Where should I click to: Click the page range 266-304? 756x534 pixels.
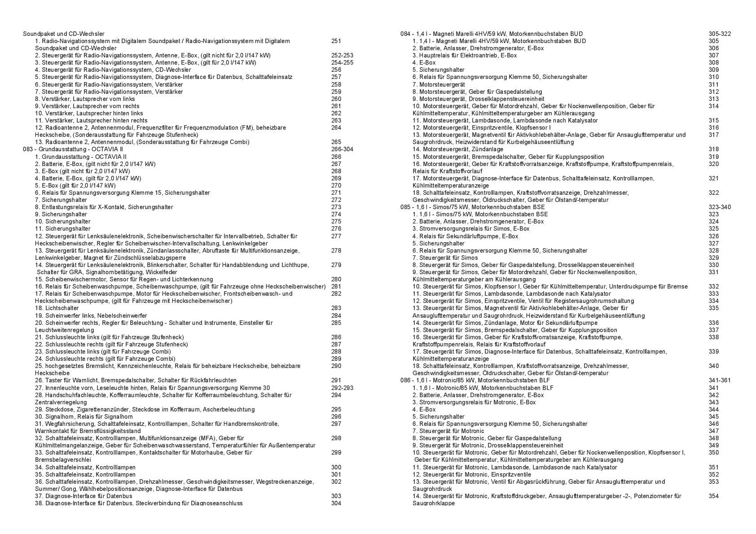pos(342,149)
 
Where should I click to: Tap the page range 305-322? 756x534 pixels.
pos(720,34)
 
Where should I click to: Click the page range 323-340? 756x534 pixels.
pos(720,207)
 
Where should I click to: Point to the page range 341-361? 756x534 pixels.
pos(720,381)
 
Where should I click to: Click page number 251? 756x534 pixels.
pos(336,41)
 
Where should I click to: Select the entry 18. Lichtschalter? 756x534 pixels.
pos(57,308)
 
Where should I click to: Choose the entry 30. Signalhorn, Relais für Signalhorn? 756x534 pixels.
pos(84,417)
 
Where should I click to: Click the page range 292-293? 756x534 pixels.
pos(342,388)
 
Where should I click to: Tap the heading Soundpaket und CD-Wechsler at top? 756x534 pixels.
pos(64,34)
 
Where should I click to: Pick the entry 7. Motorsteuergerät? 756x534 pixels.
pos(439,84)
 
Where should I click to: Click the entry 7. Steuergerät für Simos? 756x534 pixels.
pos(445,258)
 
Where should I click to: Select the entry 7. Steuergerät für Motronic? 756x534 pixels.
pos(448,431)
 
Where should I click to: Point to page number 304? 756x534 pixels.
pos(336,503)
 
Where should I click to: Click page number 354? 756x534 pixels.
pos(714,496)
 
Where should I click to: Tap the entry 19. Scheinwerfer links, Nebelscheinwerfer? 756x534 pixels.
pos(91,315)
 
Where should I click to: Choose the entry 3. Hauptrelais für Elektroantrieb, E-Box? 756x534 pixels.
pos(465,55)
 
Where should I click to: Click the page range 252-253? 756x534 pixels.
pos(342,55)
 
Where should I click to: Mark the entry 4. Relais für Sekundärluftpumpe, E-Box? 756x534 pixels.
pos(466,236)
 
